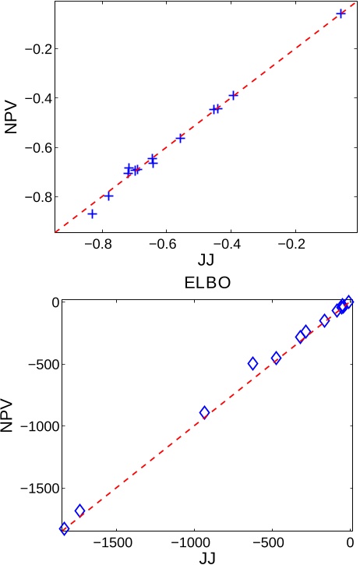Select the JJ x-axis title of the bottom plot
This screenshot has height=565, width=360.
(x=206, y=556)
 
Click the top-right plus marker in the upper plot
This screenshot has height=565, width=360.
(x=341, y=13)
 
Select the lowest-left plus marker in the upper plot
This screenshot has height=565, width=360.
(x=93, y=214)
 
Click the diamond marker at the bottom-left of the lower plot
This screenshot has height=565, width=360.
(x=65, y=528)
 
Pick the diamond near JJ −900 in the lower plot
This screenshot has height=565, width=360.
(x=205, y=412)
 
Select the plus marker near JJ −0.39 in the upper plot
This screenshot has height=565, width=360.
(x=233, y=95)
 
